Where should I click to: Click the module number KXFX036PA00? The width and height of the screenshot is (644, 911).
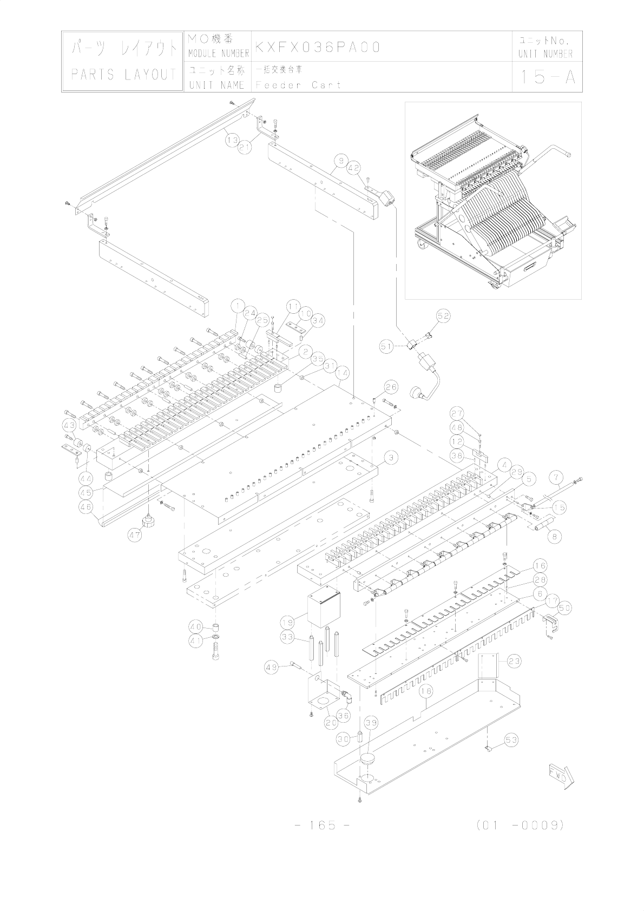(x=318, y=47)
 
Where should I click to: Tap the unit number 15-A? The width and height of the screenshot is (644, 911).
(x=546, y=77)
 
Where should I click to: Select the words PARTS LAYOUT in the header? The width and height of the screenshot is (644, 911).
(x=124, y=75)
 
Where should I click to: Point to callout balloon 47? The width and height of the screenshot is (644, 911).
(x=135, y=536)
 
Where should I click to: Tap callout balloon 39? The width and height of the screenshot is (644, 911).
(x=371, y=723)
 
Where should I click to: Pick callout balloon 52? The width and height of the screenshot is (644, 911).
(x=444, y=315)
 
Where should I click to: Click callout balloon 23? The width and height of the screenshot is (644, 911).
(x=514, y=661)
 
